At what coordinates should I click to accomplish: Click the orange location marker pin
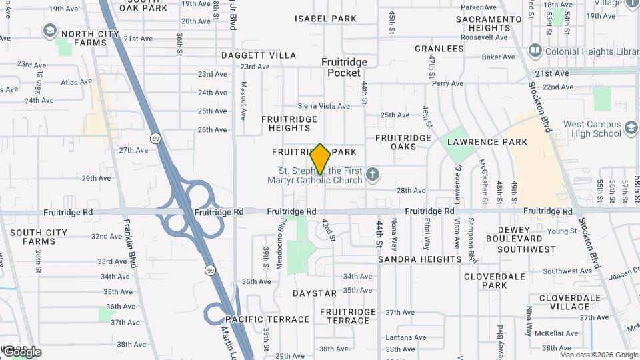tap(321, 159)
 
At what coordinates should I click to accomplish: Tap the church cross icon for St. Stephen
tap(373, 175)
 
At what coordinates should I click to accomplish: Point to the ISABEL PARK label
tap(326, 19)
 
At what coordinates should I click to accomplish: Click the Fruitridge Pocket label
tap(344, 67)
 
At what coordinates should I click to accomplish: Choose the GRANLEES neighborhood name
tap(439, 49)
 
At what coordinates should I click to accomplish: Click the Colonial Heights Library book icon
tap(534, 51)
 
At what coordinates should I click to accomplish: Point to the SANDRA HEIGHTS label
tap(419, 259)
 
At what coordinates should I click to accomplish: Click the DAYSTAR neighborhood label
tap(315, 293)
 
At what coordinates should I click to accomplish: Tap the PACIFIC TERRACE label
tap(267, 320)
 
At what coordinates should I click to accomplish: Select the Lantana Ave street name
tap(405, 337)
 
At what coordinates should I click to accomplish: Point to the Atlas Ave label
tap(77, 83)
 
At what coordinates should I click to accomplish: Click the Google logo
tap(21, 351)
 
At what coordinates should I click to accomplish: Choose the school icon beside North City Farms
tap(49, 31)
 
